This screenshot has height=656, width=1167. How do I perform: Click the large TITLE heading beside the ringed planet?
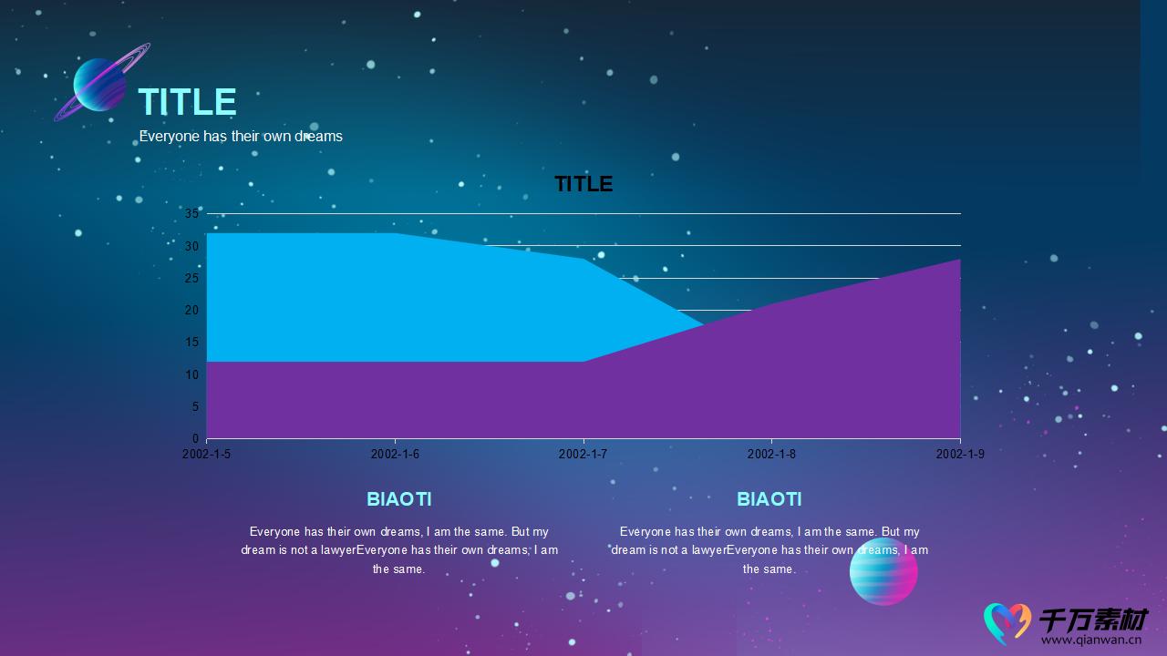click(188, 101)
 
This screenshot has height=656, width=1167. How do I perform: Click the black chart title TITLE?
click(583, 184)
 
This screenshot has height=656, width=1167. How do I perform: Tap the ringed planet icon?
click(101, 82)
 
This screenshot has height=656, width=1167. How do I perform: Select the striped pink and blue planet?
click(883, 571)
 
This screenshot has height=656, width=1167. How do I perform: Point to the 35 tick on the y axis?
click(191, 213)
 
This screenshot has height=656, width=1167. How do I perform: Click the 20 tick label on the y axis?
click(191, 310)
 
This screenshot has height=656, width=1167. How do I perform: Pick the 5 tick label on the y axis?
click(195, 406)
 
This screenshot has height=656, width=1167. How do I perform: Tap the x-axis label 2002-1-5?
click(206, 454)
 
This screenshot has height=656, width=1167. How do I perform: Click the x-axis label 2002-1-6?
click(395, 454)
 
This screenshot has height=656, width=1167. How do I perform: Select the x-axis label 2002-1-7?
click(583, 454)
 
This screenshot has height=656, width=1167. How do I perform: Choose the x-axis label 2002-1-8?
click(771, 454)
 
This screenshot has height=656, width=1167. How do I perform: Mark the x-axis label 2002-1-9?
click(960, 454)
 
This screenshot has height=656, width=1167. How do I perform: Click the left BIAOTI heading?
click(399, 499)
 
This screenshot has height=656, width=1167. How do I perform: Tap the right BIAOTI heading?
click(769, 499)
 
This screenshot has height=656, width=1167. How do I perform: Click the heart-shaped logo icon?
click(1007, 623)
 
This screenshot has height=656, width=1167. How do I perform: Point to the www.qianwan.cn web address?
click(1091, 640)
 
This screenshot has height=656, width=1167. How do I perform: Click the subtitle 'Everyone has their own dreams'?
click(241, 137)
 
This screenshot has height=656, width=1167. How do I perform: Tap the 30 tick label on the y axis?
click(191, 246)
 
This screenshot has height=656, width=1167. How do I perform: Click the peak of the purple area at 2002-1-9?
click(960, 260)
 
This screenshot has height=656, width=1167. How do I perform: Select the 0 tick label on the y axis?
click(195, 438)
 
